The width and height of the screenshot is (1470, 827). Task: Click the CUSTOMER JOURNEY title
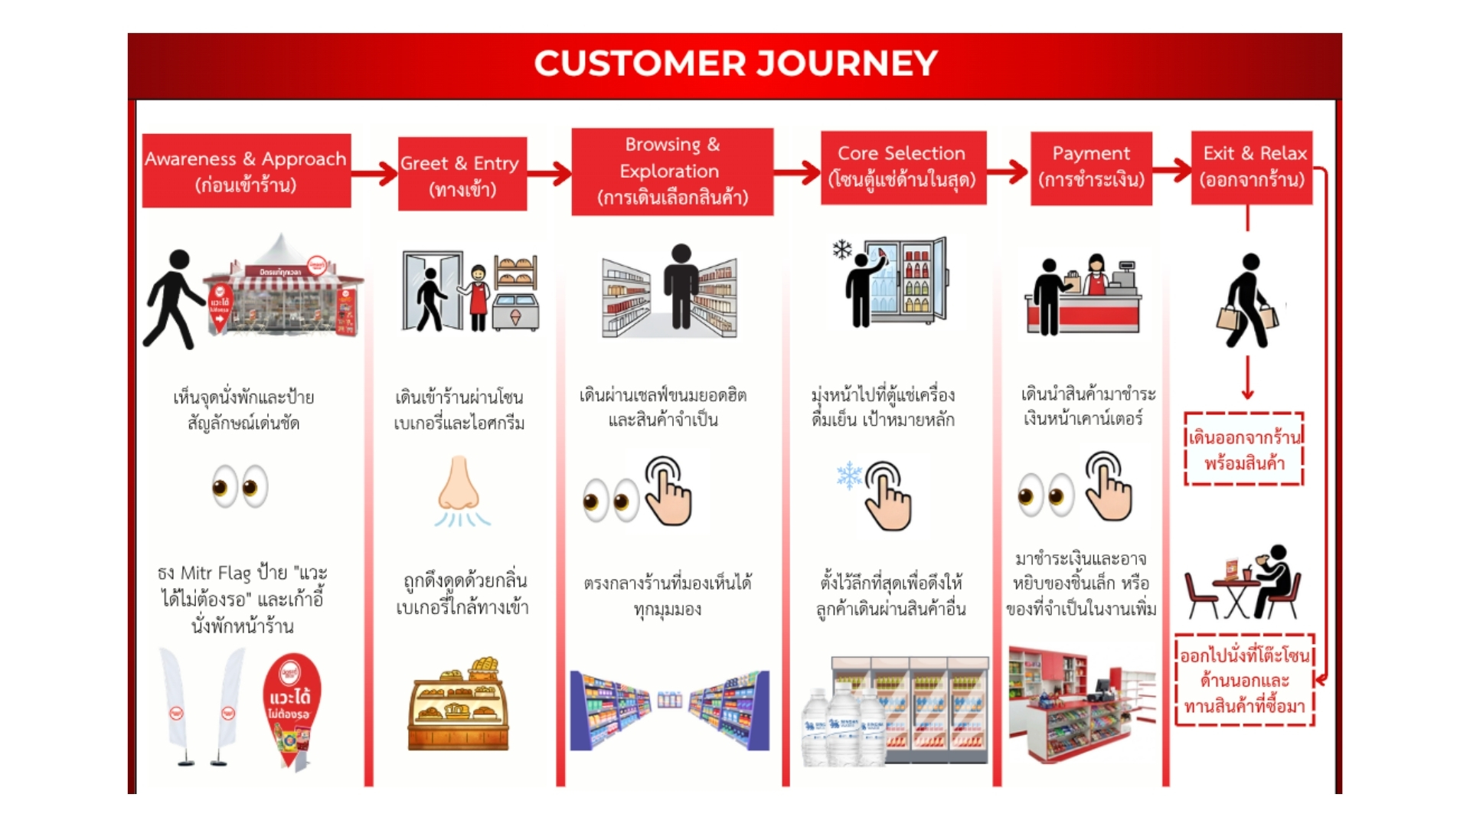735,64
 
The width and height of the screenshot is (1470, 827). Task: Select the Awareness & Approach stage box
246,171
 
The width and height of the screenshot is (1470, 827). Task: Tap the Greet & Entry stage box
462,174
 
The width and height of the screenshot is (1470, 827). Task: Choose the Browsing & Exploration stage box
671,172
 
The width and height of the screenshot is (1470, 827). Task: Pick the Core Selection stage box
903,167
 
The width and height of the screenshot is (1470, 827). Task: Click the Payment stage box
1091,167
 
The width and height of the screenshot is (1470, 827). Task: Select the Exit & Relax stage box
1252,167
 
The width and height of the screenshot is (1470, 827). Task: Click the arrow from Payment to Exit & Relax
1171,171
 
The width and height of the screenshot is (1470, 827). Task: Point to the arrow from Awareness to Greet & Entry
374,174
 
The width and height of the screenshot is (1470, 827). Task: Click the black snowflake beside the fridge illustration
842,250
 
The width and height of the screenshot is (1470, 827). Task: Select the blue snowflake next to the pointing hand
849,476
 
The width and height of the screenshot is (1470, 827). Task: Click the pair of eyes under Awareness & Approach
240,486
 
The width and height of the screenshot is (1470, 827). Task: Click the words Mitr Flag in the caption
215,574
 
